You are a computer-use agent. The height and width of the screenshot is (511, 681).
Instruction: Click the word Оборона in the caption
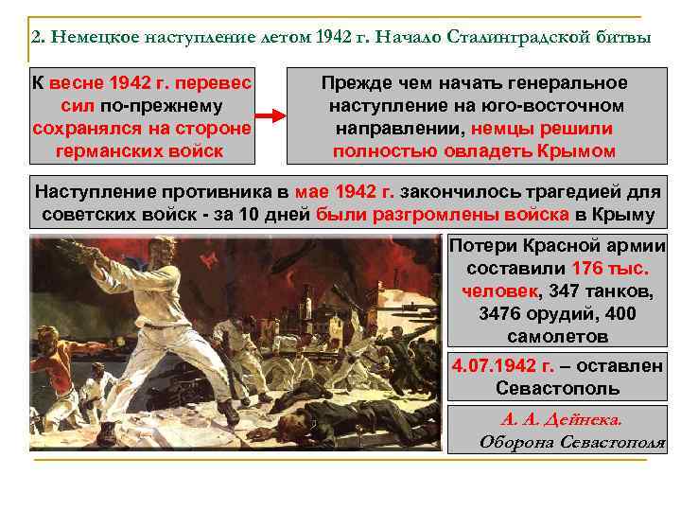coord(512,441)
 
